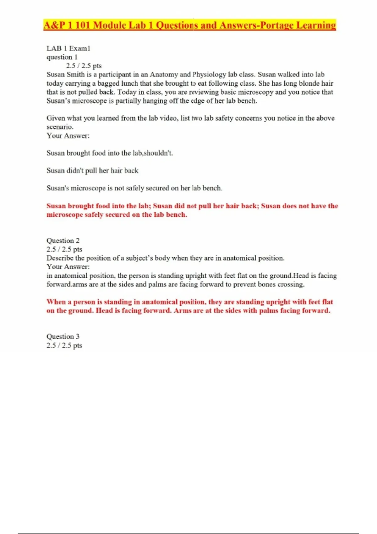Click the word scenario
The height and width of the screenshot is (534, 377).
(x=60, y=127)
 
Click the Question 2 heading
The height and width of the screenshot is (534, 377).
(x=63, y=241)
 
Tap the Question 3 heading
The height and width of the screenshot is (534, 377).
(x=63, y=336)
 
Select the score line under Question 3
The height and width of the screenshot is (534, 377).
(x=64, y=345)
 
